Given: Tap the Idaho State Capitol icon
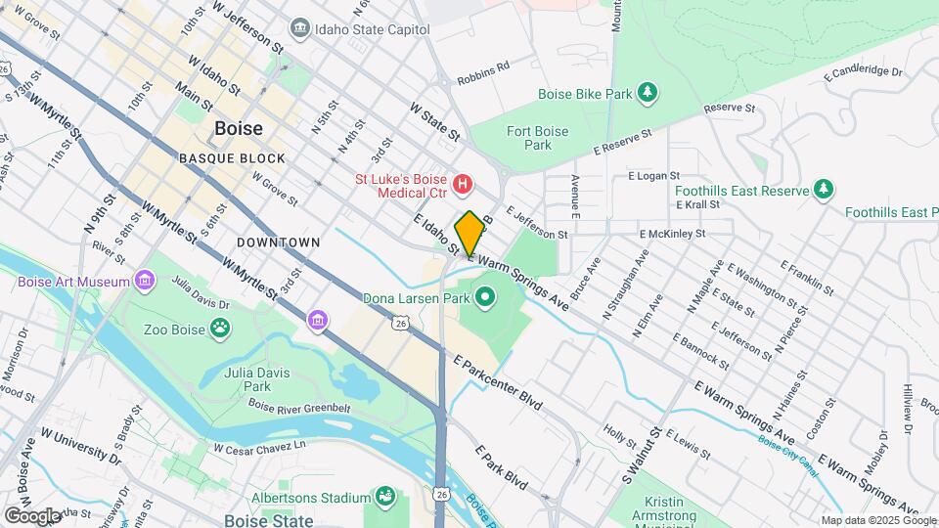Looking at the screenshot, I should pos(301,29).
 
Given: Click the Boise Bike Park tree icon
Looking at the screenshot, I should pos(646,93).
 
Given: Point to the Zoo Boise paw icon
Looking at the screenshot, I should pos(222,329).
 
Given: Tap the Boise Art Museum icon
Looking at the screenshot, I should pos(145,283).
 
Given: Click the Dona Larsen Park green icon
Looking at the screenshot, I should pos(486,295).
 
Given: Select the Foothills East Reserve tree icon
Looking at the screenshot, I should pos(825,189).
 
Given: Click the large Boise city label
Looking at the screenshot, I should pos(238,129).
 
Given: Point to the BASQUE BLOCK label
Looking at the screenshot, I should pos(232,157).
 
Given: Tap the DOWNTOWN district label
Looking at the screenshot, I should pos(279,242).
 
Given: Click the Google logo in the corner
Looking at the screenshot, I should pos(32,514).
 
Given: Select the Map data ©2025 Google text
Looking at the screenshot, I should pos(877,520).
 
